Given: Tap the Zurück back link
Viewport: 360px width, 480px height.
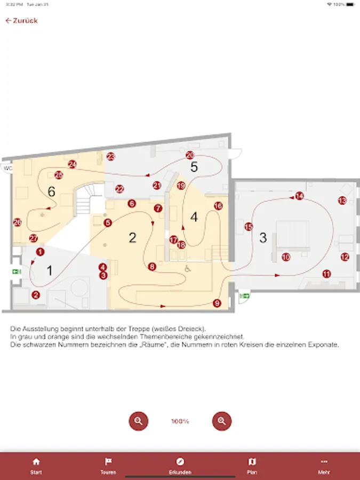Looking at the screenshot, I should coord(21,21).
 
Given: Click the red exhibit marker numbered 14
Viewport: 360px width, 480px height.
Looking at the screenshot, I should coord(300,196).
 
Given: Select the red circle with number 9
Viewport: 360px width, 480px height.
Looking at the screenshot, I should coord(217,303).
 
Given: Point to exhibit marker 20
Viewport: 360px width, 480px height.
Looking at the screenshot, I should coord(190,155).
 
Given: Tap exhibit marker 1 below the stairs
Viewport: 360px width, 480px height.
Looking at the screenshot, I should coord(40,252).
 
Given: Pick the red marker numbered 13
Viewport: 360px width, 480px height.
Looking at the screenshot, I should coord(342,201).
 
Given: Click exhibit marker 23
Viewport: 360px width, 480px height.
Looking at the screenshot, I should coord(110,156).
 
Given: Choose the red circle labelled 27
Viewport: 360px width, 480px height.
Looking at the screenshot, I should coord(34,238).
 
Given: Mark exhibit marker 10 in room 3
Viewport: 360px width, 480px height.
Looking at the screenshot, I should coord(286,257).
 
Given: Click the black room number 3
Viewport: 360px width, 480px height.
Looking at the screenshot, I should coord(262,238).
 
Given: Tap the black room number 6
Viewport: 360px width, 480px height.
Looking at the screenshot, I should coord(51,191).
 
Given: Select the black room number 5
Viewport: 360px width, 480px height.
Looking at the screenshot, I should coord(194,167).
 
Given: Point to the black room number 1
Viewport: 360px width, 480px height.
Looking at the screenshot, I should coord(50,270).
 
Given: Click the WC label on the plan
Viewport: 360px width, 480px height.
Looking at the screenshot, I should coord(7,169).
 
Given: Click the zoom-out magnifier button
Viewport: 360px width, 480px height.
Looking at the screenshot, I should coord(139,421).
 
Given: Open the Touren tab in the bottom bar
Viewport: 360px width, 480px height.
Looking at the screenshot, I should coord(108,466).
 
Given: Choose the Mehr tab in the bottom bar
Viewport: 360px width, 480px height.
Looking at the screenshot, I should coord(324,466).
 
